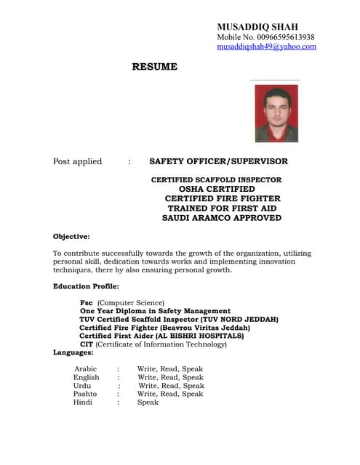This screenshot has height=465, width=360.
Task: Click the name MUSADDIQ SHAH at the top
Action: tap(257, 26)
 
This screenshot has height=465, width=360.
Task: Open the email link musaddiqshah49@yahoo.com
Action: tap(266, 46)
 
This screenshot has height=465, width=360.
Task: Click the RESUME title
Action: tap(154, 67)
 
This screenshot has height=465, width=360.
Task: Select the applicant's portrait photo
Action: tap(276, 114)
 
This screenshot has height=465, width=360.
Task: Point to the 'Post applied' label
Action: tap(78, 161)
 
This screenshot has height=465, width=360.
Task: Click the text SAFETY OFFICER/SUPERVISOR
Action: tap(218, 161)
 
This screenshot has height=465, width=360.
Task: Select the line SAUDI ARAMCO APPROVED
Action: tap(221, 218)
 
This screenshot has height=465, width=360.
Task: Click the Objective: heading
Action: tap(71, 237)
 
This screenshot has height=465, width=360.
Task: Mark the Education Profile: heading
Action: tap(86, 286)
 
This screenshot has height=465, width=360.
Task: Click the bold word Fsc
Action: tap(86, 302)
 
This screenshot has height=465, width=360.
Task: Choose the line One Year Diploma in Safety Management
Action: tap(155, 311)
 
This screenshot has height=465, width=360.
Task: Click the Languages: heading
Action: tap(73, 352)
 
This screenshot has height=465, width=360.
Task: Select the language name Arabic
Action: tap(85, 369)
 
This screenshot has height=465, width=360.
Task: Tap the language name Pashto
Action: tap(85, 394)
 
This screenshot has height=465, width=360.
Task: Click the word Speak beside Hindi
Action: tap(148, 402)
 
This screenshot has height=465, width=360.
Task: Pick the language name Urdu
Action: tap(82, 386)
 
